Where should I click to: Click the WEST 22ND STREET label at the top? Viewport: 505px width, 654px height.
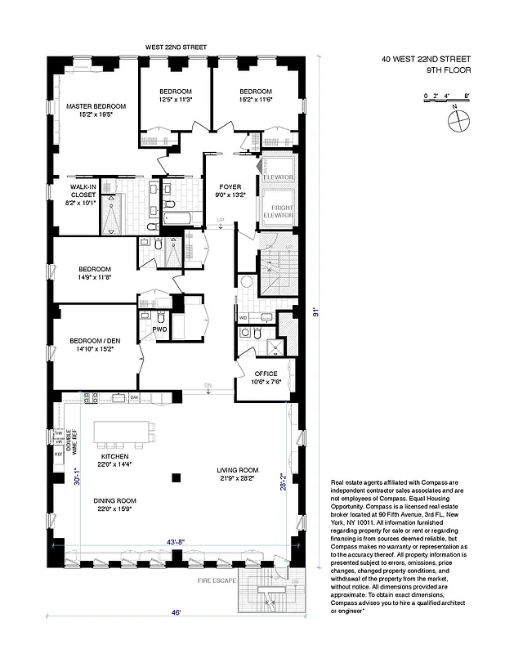pyautogui.click(x=176, y=47)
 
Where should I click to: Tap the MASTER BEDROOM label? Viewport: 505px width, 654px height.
pyautogui.click(x=96, y=107)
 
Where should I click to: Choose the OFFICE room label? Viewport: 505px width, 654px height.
pyautogui.click(x=266, y=374)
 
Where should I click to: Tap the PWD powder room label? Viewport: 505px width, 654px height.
pyautogui.click(x=159, y=329)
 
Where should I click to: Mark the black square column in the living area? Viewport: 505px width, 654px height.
pyautogui.click(x=175, y=477)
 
